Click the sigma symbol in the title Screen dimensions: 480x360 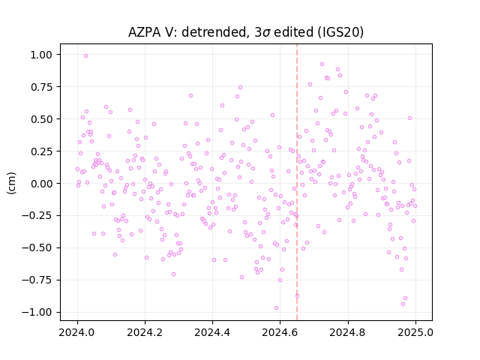267,33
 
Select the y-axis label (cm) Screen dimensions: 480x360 11,183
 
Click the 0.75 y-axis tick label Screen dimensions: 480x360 41,87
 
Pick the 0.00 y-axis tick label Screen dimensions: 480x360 41,184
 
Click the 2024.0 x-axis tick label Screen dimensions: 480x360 77,332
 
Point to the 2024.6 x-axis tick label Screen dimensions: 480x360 280,332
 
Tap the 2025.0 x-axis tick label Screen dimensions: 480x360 415,332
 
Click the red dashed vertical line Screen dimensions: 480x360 297,182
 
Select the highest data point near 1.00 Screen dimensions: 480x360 85,55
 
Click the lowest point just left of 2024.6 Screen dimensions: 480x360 276,307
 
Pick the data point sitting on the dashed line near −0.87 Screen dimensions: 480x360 297,295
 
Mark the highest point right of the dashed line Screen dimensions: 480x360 322,64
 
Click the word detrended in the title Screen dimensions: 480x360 214,32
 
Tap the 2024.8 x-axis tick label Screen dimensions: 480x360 348,332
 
